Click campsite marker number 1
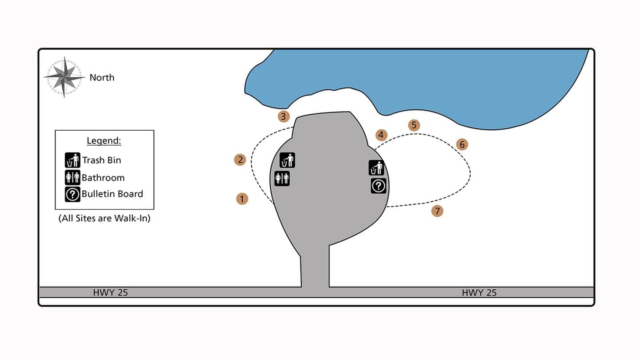click(242, 199)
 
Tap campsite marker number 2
click(240, 160)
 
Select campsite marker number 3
click(284, 116)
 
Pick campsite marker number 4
click(381, 135)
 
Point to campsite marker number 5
click(414, 125)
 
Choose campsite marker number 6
click(462, 144)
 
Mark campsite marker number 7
click(437, 211)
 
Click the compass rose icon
click(64, 77)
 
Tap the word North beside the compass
click(102, 77)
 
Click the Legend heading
click(104, 141)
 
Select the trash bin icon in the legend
click(72, 160)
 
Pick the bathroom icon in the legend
click(72, 177)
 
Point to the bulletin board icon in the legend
click(72, 194)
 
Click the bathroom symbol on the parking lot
click(282, 178)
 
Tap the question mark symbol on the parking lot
click(378, 186)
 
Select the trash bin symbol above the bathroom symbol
click(287, 160)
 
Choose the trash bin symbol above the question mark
click(376, 168)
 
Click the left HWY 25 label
click(110, 292)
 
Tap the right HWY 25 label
click(479, 292)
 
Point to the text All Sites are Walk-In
click(104, 219)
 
